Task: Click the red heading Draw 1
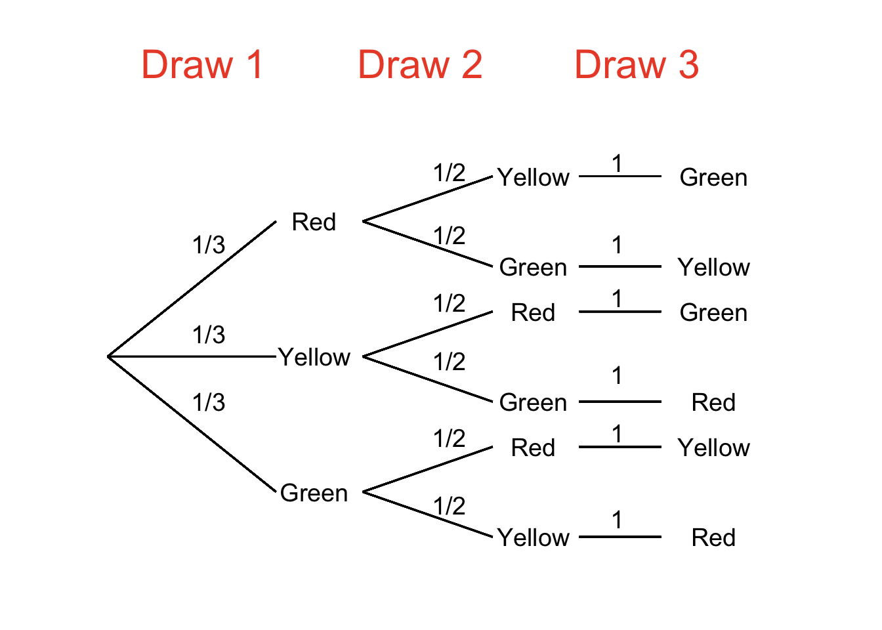[202, 65]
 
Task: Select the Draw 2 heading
[420, 65]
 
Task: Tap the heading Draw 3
[637, 65]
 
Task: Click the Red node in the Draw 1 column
[314, 222]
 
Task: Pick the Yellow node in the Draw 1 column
[314, 357]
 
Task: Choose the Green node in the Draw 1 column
[314, 493]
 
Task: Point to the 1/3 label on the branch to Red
[209, 245]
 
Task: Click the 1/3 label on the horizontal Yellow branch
[209, 335]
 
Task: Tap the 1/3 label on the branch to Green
[209, 402]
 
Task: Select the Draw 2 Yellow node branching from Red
[533, 177]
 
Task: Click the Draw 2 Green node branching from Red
[533, 267]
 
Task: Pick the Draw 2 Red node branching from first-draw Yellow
[533, 312]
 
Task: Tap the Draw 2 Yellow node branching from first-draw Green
[533, 537]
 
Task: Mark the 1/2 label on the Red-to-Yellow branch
[450, 173]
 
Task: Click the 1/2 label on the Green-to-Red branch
[450, 438]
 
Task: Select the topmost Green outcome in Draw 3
[713, 177]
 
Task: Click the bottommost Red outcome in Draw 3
[713, 537]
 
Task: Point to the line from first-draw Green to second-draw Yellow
[427, 514]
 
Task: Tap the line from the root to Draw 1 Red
[192, 289]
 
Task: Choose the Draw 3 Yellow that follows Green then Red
[713, 448]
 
